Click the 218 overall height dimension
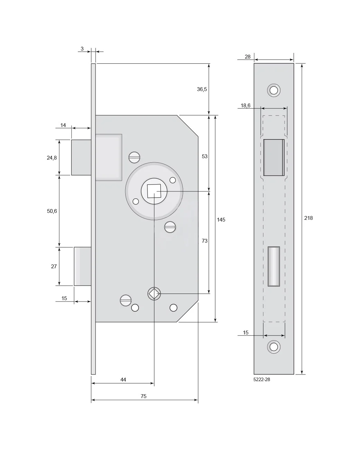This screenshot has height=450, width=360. [x=308, y=218]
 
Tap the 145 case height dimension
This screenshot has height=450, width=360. [x=221, y=219]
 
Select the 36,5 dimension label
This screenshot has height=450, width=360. [x=202, y=89]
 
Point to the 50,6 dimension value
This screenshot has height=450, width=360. [x=52, y=211]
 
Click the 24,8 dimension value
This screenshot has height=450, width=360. [x=52, y=157]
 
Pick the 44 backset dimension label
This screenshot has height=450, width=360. [x=123, y=379]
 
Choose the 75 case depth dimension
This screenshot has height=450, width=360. [x=144, y=396]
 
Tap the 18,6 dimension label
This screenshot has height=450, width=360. [x=245, y=106]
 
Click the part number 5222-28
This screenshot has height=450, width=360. [x=262, y=379]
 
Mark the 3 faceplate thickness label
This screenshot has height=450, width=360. [x=82, y=49]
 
